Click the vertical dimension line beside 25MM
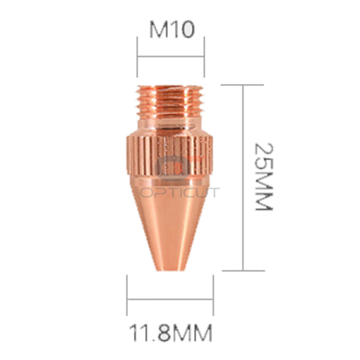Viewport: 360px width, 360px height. coord(242,177)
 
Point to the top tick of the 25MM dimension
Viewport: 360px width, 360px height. coord(242,82)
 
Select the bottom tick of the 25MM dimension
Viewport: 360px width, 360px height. coord(242,270)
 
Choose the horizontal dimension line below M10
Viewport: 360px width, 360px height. coord(170,55)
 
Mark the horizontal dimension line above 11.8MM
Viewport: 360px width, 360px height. coord(169,298)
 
